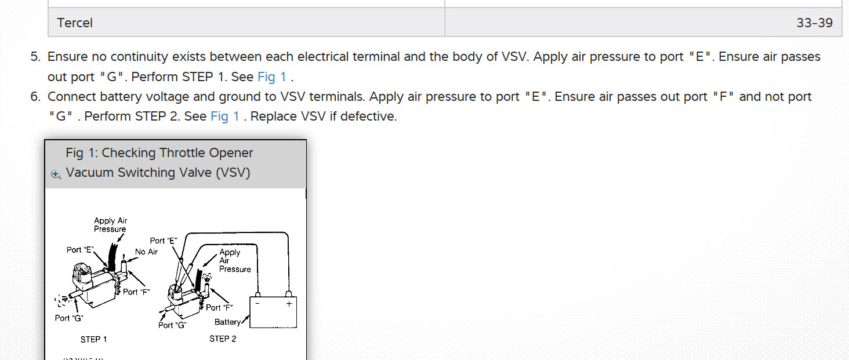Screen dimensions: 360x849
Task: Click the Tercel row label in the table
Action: (75, 23)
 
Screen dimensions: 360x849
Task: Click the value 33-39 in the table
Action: (814, 23)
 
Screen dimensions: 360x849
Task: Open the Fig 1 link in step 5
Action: (272, 77)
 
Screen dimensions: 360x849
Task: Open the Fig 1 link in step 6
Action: (225, 116)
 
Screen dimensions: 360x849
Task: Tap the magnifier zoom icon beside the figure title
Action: (56, 174)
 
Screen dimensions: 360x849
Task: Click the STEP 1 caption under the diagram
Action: (93, 339)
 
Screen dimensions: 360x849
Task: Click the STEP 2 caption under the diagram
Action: (223, 339)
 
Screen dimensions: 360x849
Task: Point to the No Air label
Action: (146, 252)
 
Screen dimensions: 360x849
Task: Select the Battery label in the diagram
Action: (227, 322)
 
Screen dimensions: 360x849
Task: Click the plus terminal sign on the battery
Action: (289, 304)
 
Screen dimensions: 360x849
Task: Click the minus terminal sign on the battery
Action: (257, 304)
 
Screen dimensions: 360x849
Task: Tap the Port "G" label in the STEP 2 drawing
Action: (172, 325)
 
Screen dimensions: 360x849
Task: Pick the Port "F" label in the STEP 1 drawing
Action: (136, 292)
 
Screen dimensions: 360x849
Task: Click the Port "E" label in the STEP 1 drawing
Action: (80, 250)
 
